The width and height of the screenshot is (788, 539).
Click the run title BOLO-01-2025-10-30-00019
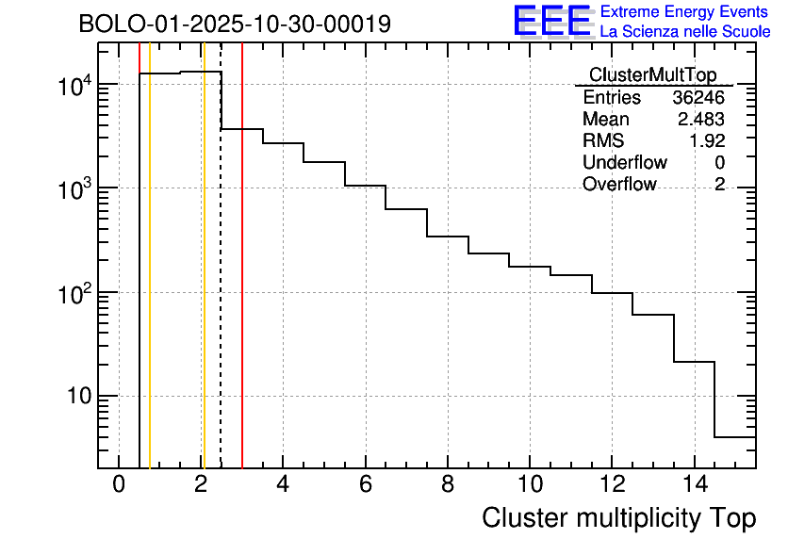(235, 24)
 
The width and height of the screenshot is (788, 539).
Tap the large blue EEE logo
(551, 21)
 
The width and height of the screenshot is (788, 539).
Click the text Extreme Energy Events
(685, 12)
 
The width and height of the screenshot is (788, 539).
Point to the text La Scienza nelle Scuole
(685, 32)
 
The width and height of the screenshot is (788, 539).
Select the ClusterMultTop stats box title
(652, 75)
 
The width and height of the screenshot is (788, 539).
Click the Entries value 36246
(698, 98)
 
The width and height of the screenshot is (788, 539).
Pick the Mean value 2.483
(700, 120)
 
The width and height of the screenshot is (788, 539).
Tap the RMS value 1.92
(706, 141)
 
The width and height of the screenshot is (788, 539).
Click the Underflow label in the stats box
(624, 163)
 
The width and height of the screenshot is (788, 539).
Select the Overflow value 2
(719, 185)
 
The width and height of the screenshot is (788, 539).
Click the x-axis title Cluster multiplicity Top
(618, 517)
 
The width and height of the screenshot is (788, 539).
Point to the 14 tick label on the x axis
(693, 484)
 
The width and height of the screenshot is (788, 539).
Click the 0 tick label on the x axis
(119, 484)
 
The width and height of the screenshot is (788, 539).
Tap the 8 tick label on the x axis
(447, 484)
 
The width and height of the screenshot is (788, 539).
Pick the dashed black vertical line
(221, 283)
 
